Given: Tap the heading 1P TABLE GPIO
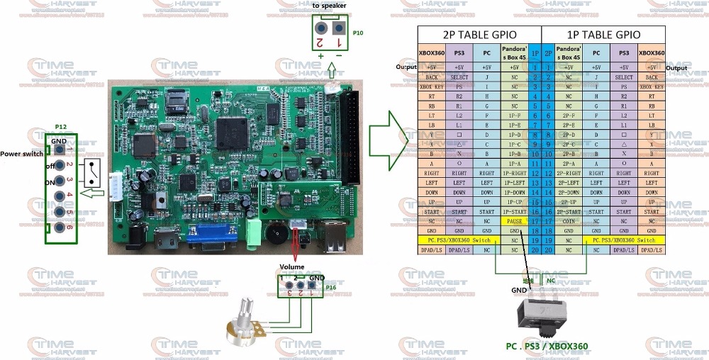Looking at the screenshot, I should pos(603,35).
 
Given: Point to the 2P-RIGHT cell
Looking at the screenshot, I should pos(569,172).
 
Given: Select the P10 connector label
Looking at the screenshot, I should pos(358,33).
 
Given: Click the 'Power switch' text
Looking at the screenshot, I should pos(20,153).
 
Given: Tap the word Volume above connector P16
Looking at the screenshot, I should pos(291,266).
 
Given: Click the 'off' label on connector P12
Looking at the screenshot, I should pos(52,165).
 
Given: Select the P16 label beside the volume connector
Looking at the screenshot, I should pos(331,288).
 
